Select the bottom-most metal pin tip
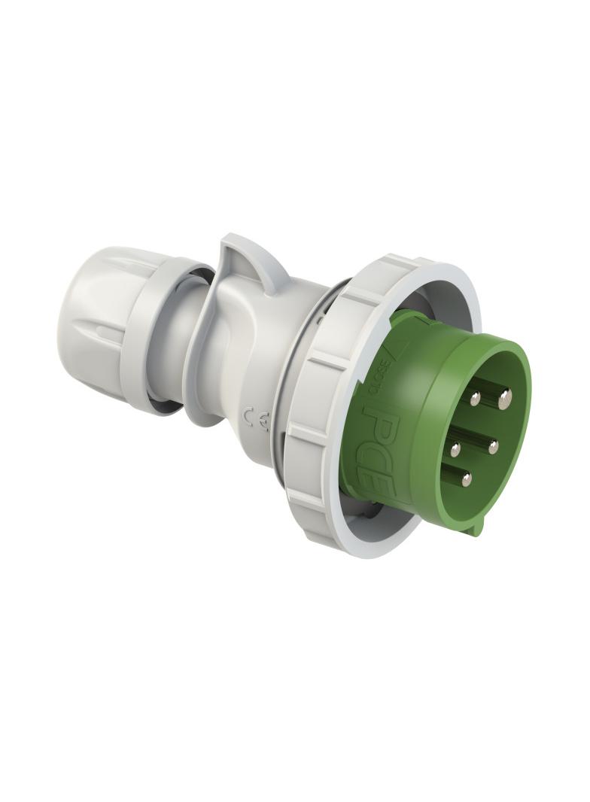467,479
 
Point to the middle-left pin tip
456,450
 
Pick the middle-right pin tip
493,447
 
